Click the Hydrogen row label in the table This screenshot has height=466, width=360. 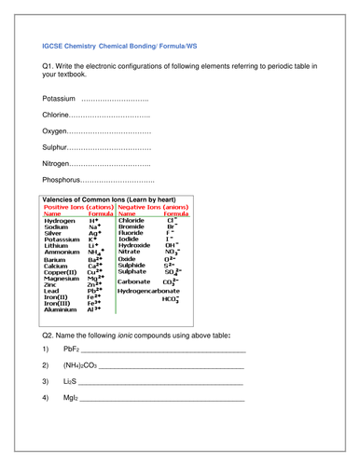pyautogui.click(x=61, y=220)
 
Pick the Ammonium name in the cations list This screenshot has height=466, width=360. pyautogui.click(x=62, y=252)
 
